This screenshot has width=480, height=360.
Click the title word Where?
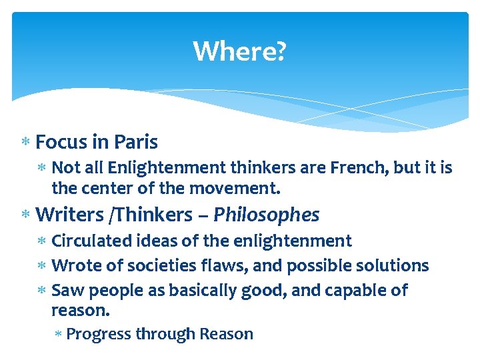click(x=239, y=51)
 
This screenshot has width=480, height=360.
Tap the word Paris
click(x=136, y=142)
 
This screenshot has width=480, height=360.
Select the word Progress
click(x=99, y=334)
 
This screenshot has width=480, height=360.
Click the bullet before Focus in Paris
click(x=25, y=143)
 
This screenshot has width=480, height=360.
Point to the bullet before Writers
click(x=25, y=215)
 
